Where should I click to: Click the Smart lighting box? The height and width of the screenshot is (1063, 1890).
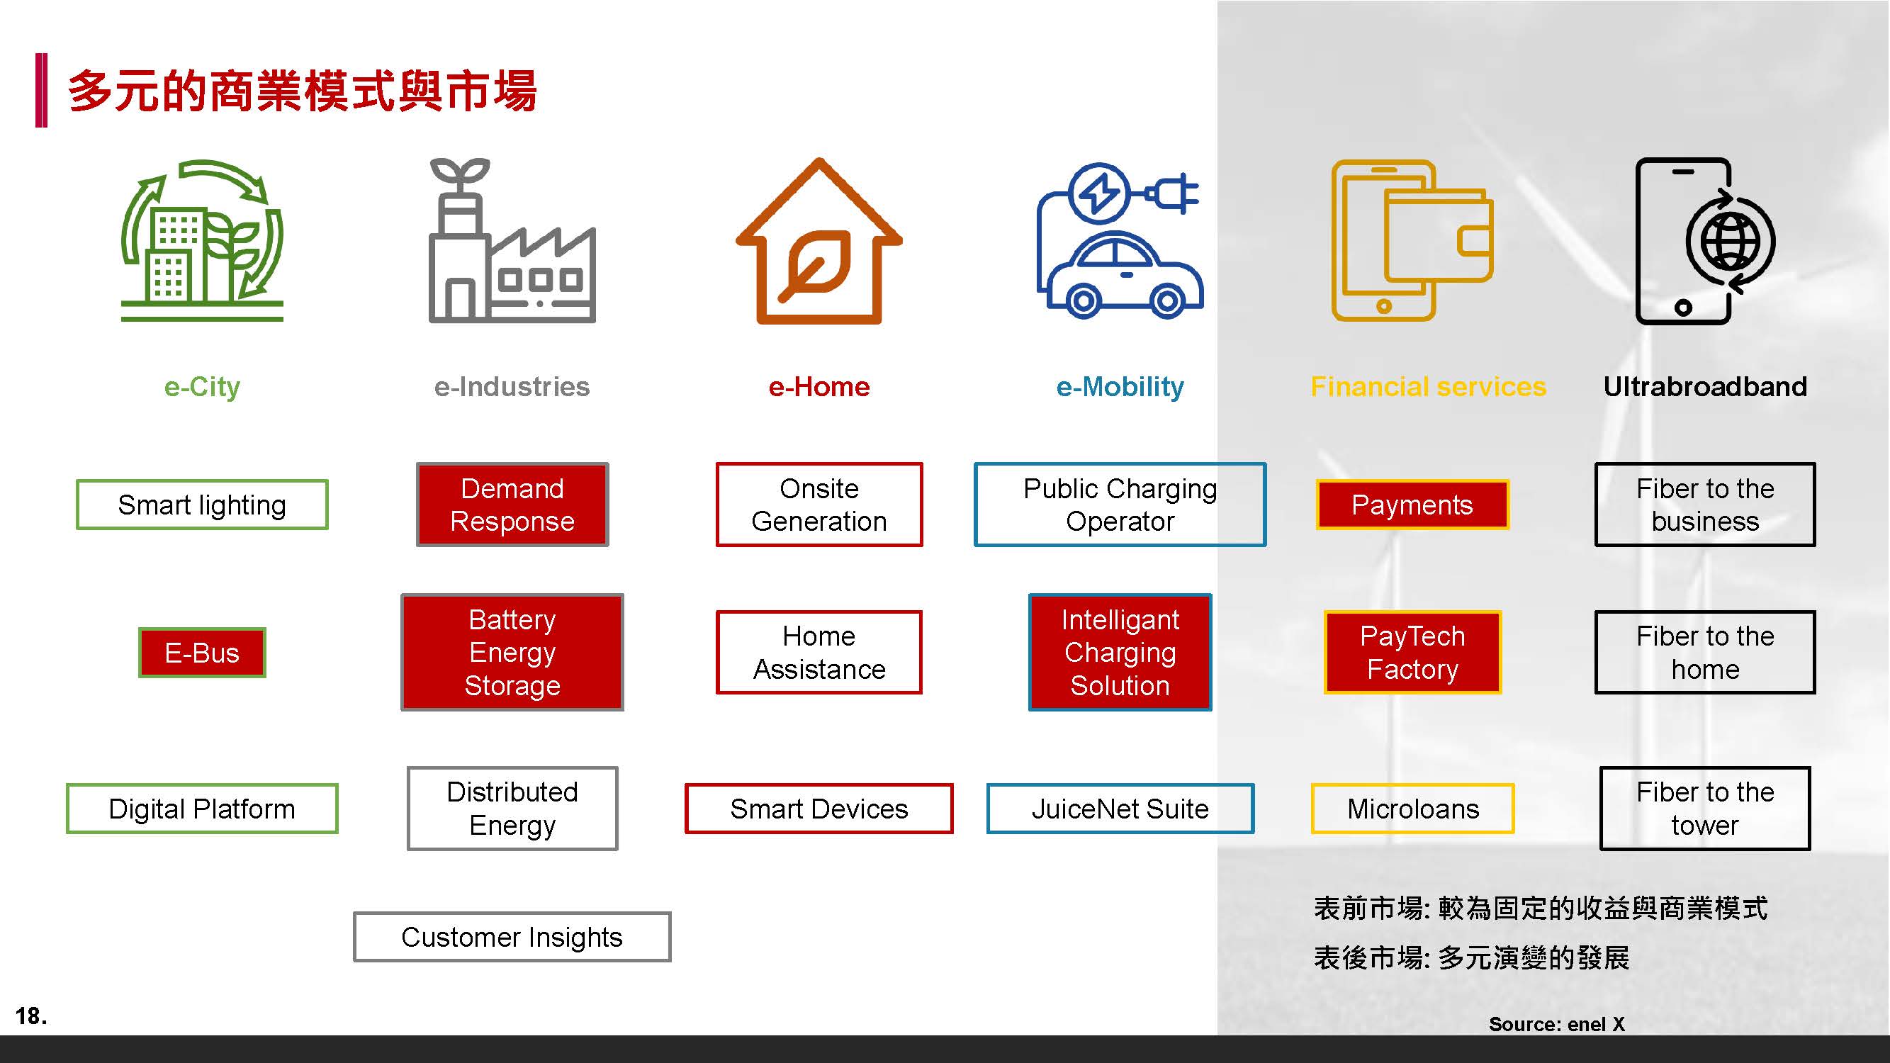(202, 505)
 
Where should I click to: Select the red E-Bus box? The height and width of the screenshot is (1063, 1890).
(202, 653)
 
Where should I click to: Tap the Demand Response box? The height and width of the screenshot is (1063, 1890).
(512, 505)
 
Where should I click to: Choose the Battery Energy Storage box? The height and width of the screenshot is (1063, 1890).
(512, 652)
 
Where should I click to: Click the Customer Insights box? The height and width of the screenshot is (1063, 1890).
(512, 937)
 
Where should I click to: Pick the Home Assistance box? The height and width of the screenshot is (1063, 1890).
(819, 652)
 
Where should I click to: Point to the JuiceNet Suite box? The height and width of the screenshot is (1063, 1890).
(1120, 809)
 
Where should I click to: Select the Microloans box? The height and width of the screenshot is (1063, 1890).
(1412, 809)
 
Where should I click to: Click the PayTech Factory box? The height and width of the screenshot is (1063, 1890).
(1412, 652)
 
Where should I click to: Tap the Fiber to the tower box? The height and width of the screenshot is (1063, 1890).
(1704, 809)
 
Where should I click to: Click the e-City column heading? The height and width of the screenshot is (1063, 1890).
(202, 387)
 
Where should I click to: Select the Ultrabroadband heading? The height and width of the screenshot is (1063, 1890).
(1704, 387)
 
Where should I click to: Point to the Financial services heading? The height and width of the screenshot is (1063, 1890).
(1428, 387)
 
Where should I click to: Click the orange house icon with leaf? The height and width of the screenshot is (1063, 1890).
(819, 242)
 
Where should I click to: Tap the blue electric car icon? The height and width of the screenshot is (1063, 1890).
(1120, 242)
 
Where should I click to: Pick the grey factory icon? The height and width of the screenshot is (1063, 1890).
(512, 242)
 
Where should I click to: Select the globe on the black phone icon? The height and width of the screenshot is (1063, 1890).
(1730, 242)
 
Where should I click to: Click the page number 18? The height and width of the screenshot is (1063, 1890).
(30, 1016)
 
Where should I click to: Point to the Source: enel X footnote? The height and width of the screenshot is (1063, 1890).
(1556, 1024)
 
